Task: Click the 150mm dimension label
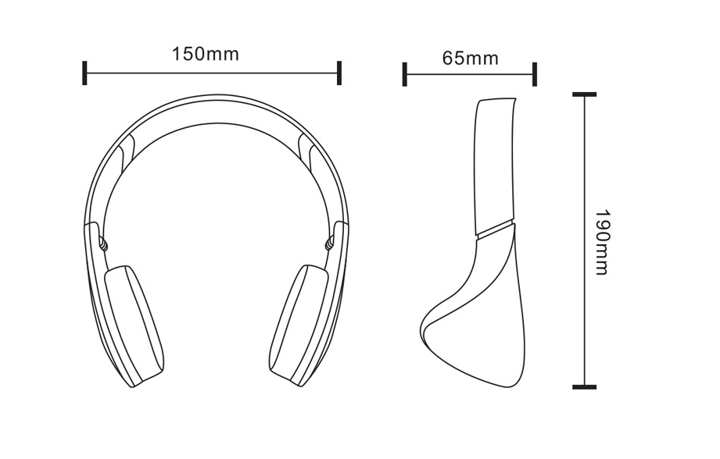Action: (205, 55)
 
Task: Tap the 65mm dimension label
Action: (470, 59)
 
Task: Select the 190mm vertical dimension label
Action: (600, 241)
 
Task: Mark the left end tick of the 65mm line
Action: (404, 75)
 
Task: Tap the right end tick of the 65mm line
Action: (535, 75)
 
